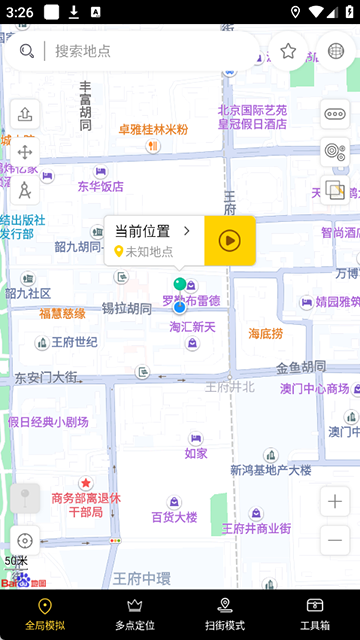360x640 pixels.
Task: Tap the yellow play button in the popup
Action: (x=230, y=240)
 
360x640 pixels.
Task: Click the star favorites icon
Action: (x=288, y=51)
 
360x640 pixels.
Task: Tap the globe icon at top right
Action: (x=336, y=51)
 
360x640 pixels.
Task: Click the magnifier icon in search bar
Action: (x=27, y=51)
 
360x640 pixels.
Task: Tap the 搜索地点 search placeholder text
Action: (x=83, y=51)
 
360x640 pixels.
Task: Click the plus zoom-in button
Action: (x=335, y=501)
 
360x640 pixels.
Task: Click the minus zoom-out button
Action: (x=335, y=541)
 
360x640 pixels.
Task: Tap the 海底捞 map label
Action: (x=266, y=333)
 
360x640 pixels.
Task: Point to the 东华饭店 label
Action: (x=101, y=186)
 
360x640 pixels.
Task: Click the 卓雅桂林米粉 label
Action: (x=153, y=130)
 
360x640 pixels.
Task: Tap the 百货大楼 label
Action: (x=174, y=517)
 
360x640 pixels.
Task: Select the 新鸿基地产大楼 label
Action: (x=270, y=470)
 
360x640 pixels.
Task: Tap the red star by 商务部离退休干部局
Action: (x=86, y=483)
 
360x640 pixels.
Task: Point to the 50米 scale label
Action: (x=16, y=561)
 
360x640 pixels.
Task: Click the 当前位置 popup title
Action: (x=142, y=231)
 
